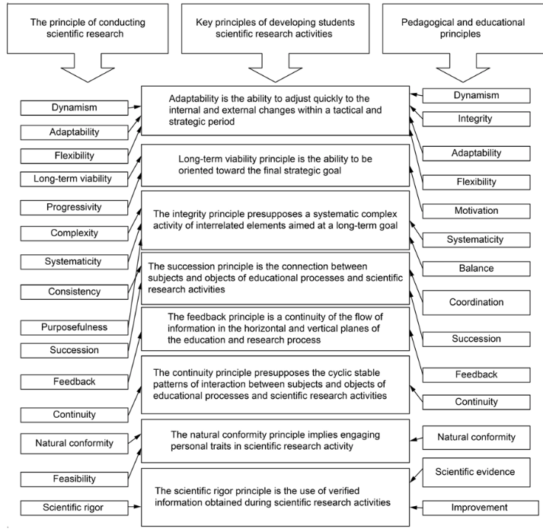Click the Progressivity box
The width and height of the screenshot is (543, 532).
(74, 208)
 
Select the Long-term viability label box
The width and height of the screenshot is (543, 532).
(74, 179)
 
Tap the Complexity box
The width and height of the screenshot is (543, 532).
(74, 234)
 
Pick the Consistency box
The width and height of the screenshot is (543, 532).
(74, 291)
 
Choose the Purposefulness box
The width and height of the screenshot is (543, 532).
(74, 327)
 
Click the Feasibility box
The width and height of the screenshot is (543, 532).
(74, 479)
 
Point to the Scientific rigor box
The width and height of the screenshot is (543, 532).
(74, 508)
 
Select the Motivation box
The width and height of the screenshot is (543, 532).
(476, 211)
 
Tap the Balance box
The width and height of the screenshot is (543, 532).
(476, 269)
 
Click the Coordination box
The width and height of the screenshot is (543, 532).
(476, 302)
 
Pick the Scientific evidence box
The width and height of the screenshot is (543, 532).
(476, 472)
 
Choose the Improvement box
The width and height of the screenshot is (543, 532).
(481, 508)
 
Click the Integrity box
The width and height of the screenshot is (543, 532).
(476, 119)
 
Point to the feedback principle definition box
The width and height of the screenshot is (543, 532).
(276, 329)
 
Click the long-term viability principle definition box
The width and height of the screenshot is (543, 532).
(276, 165)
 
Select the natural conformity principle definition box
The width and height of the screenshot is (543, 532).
(276, 441)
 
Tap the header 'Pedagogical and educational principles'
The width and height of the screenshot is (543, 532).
(463, 28)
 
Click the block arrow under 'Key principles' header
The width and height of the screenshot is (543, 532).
(276, 68)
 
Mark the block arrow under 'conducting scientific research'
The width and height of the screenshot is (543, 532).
(88, 68)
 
